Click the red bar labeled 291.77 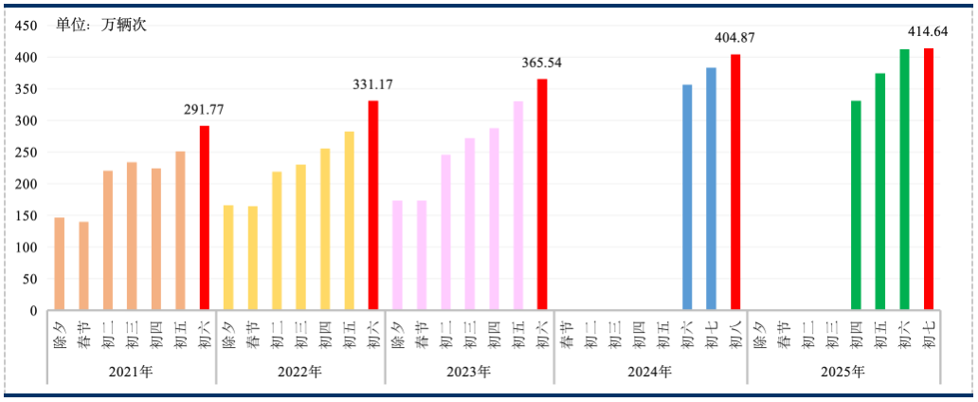[x=204, y=217]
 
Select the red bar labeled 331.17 [x=372, y=205]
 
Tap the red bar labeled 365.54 [x=542, y=193]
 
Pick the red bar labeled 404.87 [x=735, y=181]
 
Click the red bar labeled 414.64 [x=929, y=178]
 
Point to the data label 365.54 [x=542, y=63]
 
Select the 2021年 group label [x=132, y=372]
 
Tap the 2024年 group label [x=650, y=372]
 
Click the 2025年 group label [x=843, y=372]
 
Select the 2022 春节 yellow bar [x=253, y=258]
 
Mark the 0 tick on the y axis [x=32, y=310]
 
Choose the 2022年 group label [x=300, y=372]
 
